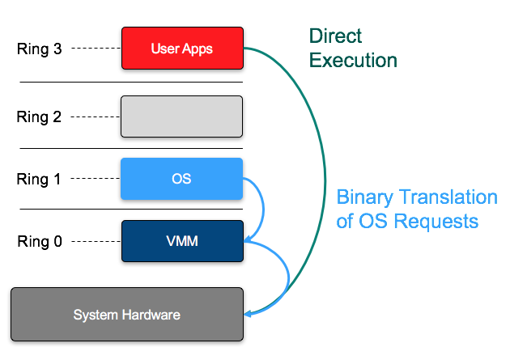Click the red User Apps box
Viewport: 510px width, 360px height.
point(181,49)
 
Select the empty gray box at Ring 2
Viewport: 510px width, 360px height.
point(181,116)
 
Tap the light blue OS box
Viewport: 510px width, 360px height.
point(181,179)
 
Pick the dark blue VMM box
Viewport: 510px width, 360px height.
point(181,241)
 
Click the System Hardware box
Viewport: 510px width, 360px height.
point(126,314)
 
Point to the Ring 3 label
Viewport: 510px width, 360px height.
point(39,49)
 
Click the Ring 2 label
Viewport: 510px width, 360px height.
point(39,116)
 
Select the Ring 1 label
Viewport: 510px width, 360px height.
point(39,180)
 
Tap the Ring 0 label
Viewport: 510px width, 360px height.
point(39,241)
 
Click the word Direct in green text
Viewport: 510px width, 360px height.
point(335,37)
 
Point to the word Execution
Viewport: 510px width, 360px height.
point(354,60)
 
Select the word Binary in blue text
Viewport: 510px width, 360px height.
point(361,197)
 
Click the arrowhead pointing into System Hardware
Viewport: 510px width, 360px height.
point(249,313)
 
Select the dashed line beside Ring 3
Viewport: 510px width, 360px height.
point(95,49)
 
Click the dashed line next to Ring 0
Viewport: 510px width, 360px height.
point(95,241)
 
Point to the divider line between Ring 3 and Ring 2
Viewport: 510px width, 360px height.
point(131,82)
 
